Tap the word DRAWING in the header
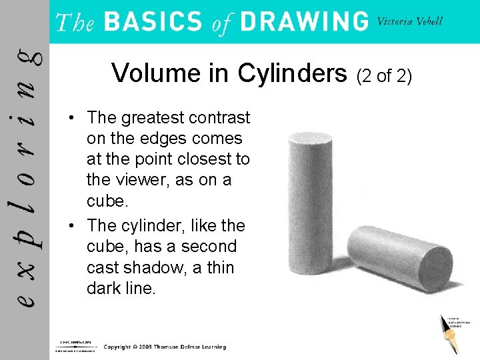pos(303,22)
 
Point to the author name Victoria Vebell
pos(409,21)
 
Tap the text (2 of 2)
pos(385,76)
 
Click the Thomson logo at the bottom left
pos(75,345)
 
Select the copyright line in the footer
pos(165,347)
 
